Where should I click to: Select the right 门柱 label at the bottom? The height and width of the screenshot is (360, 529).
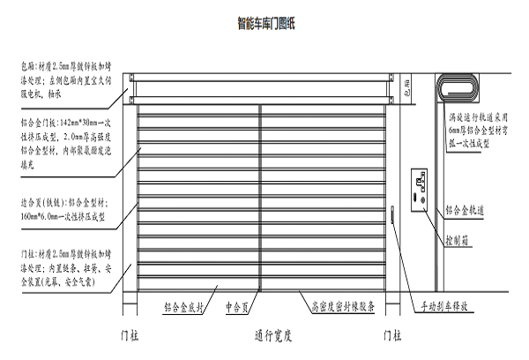393,336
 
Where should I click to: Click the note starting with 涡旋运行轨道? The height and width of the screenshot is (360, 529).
477,132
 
